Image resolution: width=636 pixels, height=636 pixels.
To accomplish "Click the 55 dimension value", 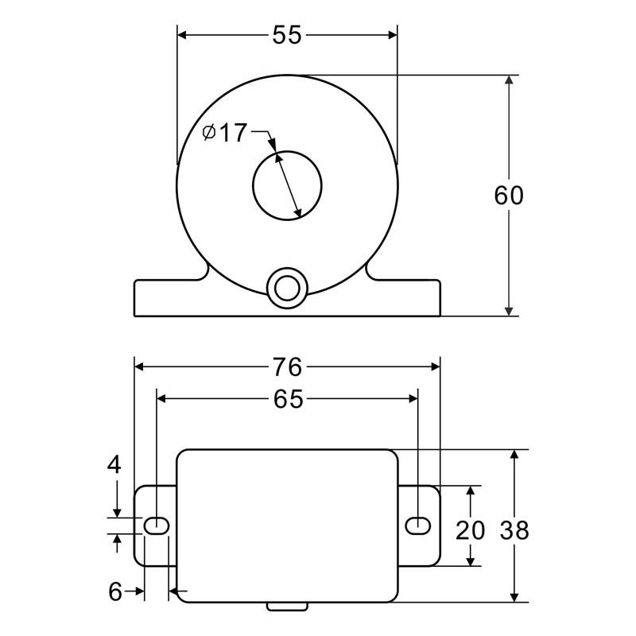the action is click(x=287, y=35).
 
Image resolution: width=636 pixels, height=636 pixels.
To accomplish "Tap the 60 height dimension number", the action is click(x=509, y=195).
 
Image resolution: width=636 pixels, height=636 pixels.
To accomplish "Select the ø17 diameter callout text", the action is click(x=225, y=133).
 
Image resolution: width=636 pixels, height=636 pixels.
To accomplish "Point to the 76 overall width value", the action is click(x=287, y=366).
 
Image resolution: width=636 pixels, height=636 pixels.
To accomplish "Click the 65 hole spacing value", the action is click(x=288, y=399).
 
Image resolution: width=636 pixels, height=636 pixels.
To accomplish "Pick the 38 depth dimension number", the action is click(x=514, y=530).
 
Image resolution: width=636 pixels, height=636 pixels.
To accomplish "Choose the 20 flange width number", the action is click(x=470, y=530).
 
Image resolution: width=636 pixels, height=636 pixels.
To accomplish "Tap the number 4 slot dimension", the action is click(x=114, y=464).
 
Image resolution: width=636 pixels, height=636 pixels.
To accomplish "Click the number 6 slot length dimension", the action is click(x=115, y=591).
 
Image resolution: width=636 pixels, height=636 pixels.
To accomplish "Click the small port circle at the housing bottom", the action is click(x=287, y=289).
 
